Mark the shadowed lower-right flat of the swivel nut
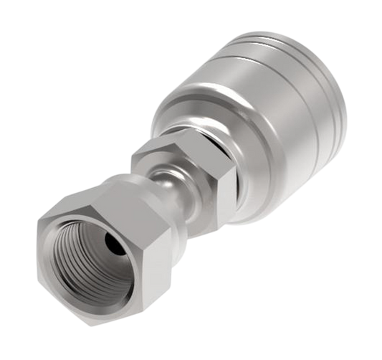pyautogui.click(x=143, y=301)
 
